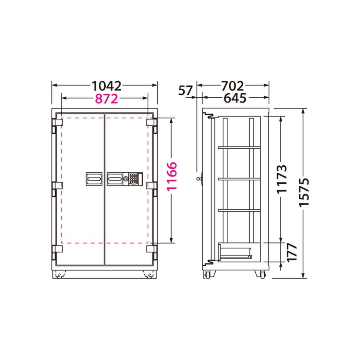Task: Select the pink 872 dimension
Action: coord(106,98)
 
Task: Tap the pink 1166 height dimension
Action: coord(172,181)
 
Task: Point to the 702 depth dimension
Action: coord(232,86)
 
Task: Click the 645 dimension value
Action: coord(234,98)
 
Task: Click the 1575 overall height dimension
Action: coord(305,192)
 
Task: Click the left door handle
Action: coord(94,179)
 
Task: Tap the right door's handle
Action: coord(115,179)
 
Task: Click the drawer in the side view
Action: coord(235,252)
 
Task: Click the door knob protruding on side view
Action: coord(199,179)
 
